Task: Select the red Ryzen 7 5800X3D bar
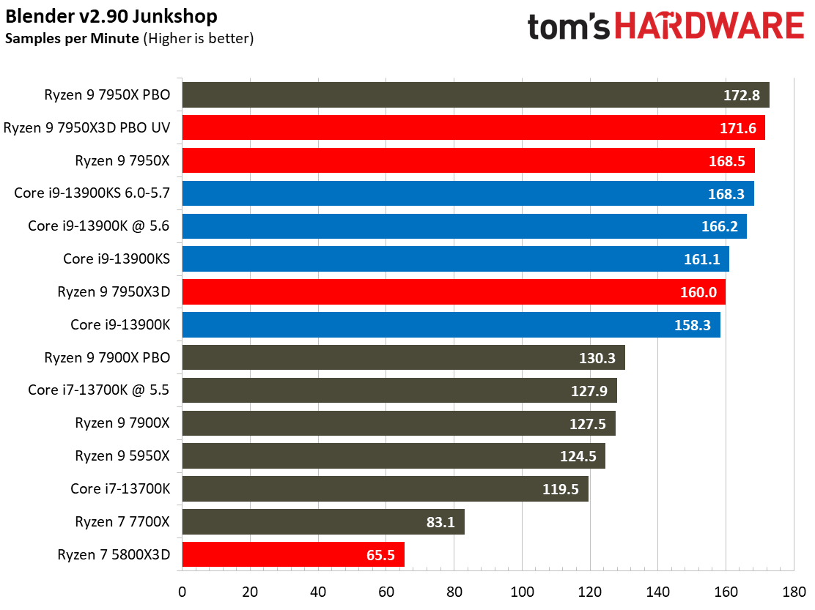(x=292, y=554)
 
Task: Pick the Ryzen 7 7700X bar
(x=322, y=522)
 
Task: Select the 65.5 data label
(x=380, y=555)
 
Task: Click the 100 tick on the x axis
(x=522, y=590)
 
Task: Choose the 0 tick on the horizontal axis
(x=182, y=590)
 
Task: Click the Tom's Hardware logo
(x=665, y=27)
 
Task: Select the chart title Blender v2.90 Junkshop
(x=111, y=15)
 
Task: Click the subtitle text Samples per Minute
(x=72, y=38)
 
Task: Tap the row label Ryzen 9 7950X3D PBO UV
(x=86, y=128)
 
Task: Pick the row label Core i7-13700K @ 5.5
(x=99, y=390)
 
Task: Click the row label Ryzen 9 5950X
(x=122, y=455)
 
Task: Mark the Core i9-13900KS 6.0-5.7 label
(x=92, y=193)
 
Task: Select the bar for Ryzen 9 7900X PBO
(x=403, y=357)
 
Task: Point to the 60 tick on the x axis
(x=386, y=590)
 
